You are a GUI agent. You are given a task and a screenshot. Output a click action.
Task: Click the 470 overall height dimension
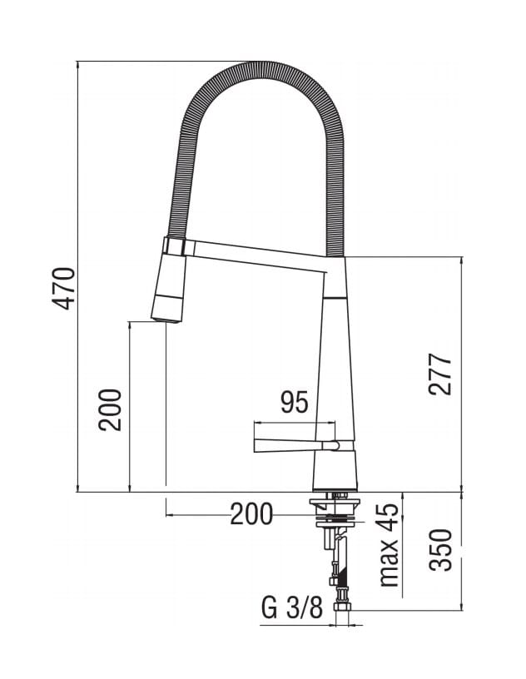[x=65, y=288]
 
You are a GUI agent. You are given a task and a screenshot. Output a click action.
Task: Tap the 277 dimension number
[x=441, y=374]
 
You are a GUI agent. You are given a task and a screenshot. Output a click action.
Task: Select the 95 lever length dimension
[x=294, y=403]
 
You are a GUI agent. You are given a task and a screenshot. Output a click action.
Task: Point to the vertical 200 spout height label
[x=111, y=409]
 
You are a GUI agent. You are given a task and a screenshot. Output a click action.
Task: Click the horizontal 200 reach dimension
[x=251, y=515]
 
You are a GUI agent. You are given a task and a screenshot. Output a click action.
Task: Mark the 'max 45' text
[x=389, y=545]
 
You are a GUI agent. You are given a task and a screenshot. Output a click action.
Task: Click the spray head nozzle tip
[x=166, y=315]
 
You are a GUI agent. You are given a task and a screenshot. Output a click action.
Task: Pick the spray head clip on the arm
[x=175, y=246]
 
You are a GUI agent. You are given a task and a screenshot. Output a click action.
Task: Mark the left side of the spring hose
[x=185, y=166]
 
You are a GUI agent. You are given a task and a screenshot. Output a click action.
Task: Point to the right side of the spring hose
[x=335, y=166]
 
